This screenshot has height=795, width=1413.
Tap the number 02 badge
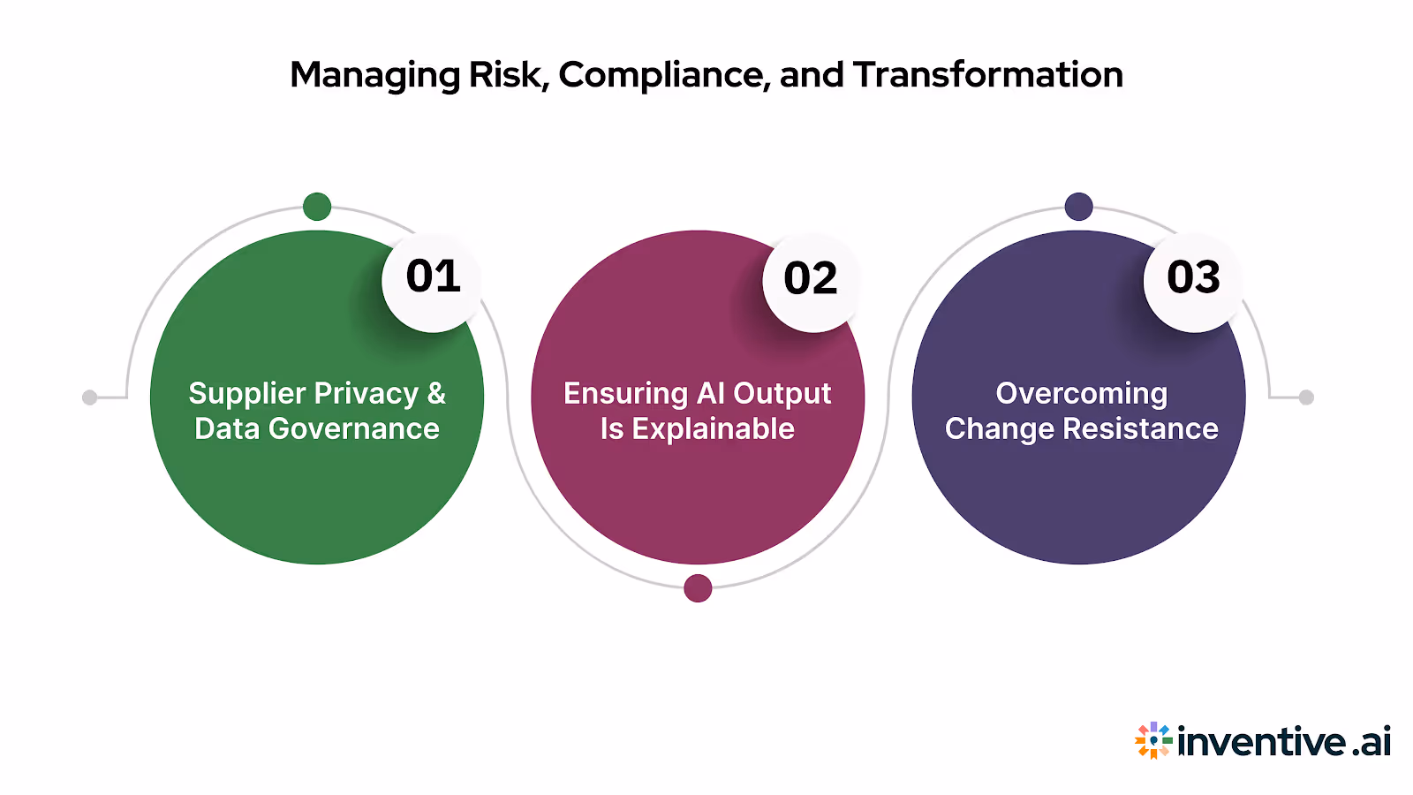point(811,281)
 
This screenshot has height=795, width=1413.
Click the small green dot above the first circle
point(317,207)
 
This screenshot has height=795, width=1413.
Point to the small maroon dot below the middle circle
point(698,588)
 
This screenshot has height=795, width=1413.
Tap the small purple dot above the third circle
point(1078,207)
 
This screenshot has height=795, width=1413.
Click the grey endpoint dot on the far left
point(89,397)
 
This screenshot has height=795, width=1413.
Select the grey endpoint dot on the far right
point(1306,397)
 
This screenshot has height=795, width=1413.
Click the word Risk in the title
point(507,75)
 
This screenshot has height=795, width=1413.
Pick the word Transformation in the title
point(987,75)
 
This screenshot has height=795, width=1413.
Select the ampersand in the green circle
point(436,393)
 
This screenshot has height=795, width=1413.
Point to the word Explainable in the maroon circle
point(714,429)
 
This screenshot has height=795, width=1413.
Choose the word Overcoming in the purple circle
point(1081,394)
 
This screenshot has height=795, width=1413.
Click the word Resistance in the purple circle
point(1140,429)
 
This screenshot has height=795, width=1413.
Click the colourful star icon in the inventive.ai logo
point(1152,740)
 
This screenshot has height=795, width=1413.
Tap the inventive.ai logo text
point(1284,741)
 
